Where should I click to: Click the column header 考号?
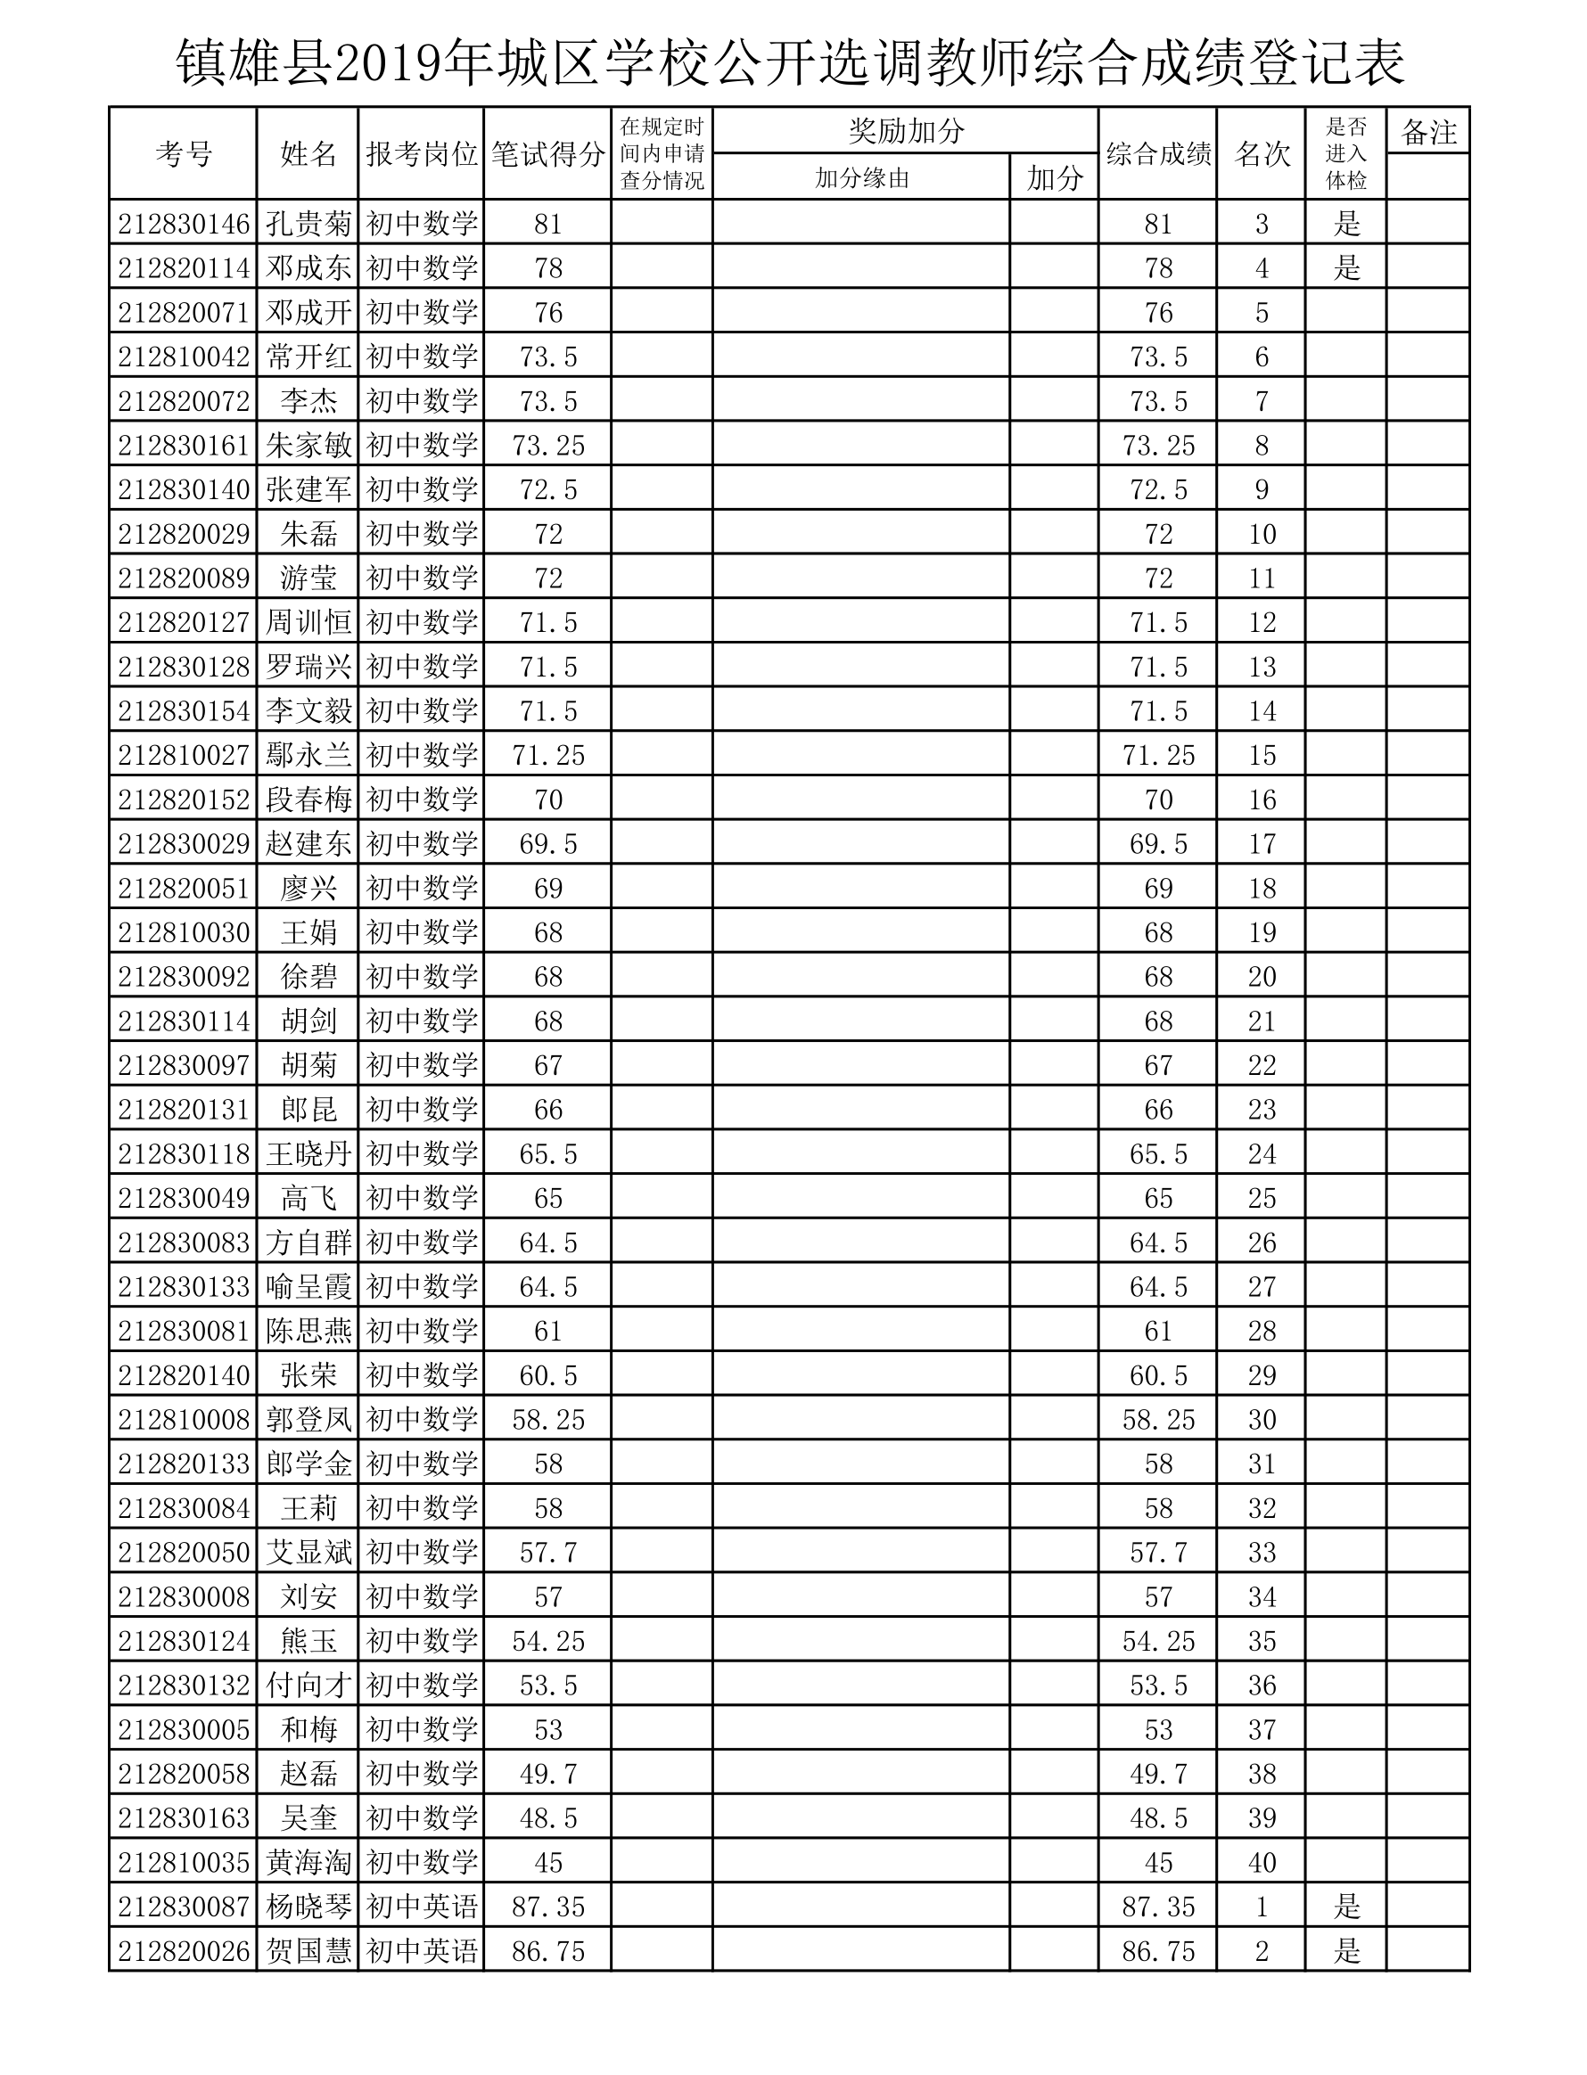coord(184,153)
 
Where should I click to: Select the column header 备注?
coord(1427,132)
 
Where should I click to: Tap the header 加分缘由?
coord(860,177)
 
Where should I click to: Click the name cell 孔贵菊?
coord(308,224)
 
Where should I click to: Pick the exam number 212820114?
coord(184,268)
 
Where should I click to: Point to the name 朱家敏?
coord(308,445)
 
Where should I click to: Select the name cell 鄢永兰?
coord(308,755)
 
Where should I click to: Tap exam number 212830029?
coord(184,843)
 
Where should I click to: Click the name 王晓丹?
coord(308,1153)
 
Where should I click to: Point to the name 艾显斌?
coord(308,1552)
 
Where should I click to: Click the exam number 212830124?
coord(184,1641)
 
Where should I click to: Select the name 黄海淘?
coord(308,1862)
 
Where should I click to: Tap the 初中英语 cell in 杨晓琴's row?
coord(422,1906)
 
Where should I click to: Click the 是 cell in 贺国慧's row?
coord(1346,1950)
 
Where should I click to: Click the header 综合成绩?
coord(1158,153)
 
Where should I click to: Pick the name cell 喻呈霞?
coord(308,1286)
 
